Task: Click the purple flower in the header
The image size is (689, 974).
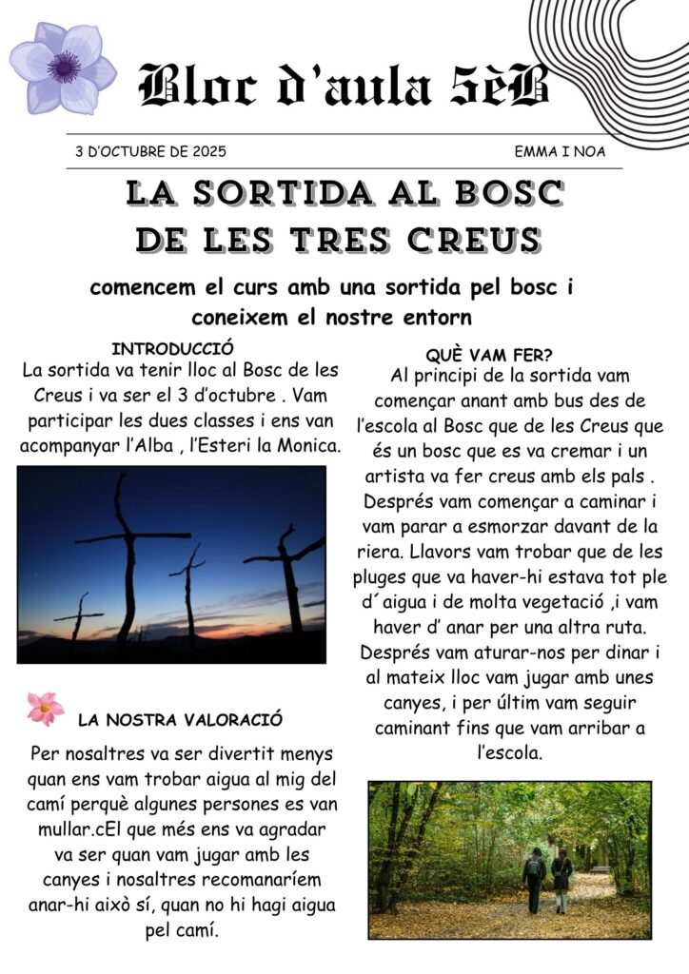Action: pyautogui.click(x=63, y=67)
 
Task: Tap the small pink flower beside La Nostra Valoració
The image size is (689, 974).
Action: pyautogui.click(x=45, y=709)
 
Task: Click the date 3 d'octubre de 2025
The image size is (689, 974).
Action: pyautogui.click(x=150, y=151)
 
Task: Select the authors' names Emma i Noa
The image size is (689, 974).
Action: pyautogui.click(x=560, y=151)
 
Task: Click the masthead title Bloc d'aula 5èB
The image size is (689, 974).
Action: pyautogui.click(x=344, y=86)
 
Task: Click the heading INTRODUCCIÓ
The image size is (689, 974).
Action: pyautogui.click(x=172, y=349)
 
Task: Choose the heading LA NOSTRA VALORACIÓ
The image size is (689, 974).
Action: pyautogui.click(x=180, y=719)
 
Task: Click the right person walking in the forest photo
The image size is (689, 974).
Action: pyautogui.click(x=561, y=877)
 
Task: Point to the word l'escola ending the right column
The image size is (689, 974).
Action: pyautogui.click(x=509, y=752)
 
